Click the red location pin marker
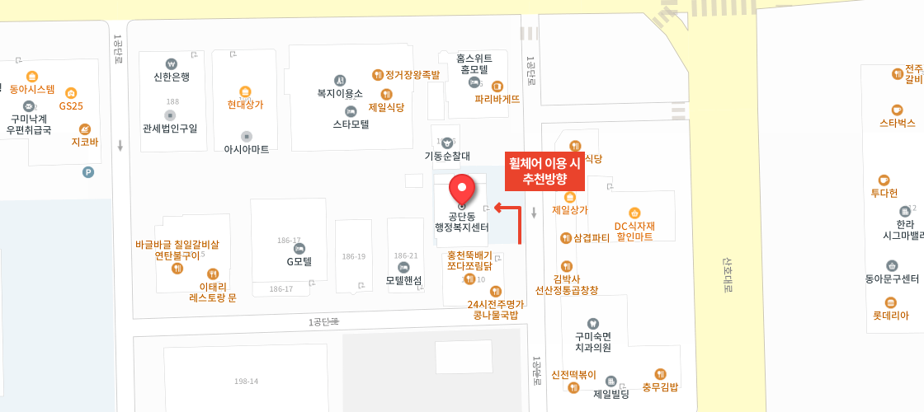coord(461,189)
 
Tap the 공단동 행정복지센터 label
coord(462,222)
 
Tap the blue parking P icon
coord(88,172)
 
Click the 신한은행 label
coord(172,77)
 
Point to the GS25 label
coord(71,105)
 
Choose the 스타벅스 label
coord(897,123)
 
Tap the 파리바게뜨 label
coord(497,99)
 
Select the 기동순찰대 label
coord(447,155)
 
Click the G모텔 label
coord(299,262)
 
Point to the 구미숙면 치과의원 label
coord(592,341)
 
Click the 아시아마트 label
coord(246,149)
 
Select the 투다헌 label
coord(884,193)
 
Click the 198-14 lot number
coord(246,381)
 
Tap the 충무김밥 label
coord(660,386)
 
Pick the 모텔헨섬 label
coord(403,280)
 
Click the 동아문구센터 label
coord(892,279)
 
